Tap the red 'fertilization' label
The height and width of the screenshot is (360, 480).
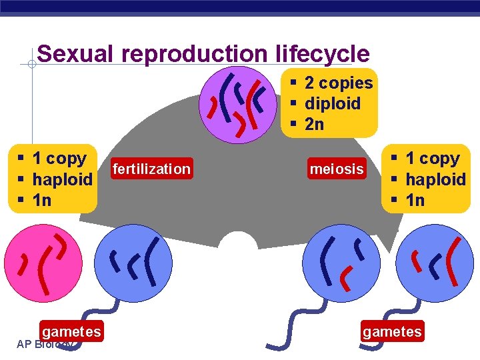point(152,169)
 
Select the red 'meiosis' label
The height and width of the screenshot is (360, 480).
point(337,169)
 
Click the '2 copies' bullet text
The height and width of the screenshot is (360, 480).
point(338,83)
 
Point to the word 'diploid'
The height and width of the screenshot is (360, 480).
point(332,103)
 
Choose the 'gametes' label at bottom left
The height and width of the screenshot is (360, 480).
point(71,331)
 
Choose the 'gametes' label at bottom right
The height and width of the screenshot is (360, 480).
point(392,331)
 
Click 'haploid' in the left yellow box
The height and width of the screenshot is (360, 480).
point(62,179)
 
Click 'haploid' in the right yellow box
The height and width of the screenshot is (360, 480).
point(435,179)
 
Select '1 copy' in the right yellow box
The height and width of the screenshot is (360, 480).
point(432,159)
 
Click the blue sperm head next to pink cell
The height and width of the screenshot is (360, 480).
point(134,263)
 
